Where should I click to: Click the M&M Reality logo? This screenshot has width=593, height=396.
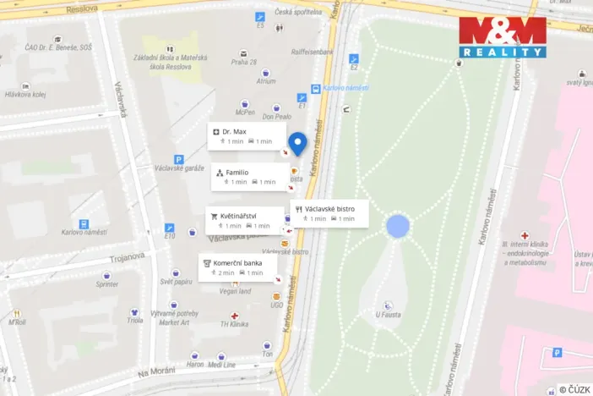click(x=502, y=36)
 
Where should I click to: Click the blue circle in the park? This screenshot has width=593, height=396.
click(x=397, y=226)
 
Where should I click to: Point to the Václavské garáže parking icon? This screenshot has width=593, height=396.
click(x=178, y=159)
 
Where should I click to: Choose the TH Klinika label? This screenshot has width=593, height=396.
click(x=234, y=324)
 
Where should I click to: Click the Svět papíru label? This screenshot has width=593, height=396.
click(x=177, y=282)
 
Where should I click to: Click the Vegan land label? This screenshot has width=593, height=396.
click(x=234, y=291)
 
